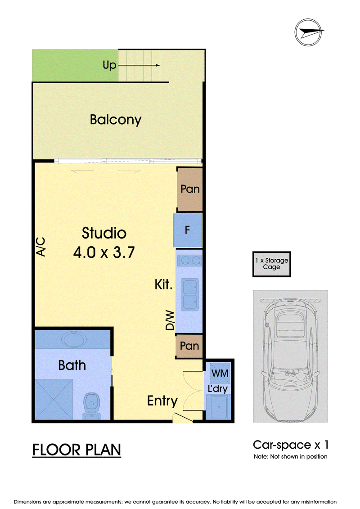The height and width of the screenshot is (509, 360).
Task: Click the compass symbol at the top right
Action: pyautogui.click(x=309, y=32)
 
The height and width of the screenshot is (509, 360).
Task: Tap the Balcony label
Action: pyautogui.click(x=116, y=119)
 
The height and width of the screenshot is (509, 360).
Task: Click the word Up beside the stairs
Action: pyautogui.click(x=109, y=65)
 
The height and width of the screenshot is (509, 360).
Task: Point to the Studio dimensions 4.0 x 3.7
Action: pyautogui.click(x=104, y=252)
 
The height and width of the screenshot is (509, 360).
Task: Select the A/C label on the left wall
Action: pyautogui.click(x=41, y=247)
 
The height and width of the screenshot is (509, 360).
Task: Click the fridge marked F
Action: pyautogui.click(x=188, y=230)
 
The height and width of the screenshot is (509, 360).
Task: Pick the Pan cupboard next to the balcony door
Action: pyautogui.click(x=189, y=189)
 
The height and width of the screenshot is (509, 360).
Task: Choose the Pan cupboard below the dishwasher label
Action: pyautogui.click(x=189, y=346)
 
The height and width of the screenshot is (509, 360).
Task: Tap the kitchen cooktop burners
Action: pyautogui.click(x=189, y=260)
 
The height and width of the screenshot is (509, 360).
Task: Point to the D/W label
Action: pyautogui.click(x=170, y=320)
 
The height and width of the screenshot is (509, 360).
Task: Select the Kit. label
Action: pyautogui.click(x=163, y=284)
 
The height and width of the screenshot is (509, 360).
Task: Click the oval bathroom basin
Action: pyautogui.click(x=74, y=339)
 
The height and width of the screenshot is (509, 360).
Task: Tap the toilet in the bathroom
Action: pyautogui.click(x=92, y=406)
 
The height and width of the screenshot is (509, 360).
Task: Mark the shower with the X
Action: pyautogui.click(x=54, y=399)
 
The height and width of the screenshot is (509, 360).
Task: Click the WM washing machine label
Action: pyautogui.click(x=220, y=373)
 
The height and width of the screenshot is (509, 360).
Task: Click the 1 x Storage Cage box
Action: pyautogui.click(x=272, y=264)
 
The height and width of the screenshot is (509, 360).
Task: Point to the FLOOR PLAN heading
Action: pyautogui.click(x=76, y=450)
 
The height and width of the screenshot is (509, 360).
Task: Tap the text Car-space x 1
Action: pyautogui.click(x=291, y=445)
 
